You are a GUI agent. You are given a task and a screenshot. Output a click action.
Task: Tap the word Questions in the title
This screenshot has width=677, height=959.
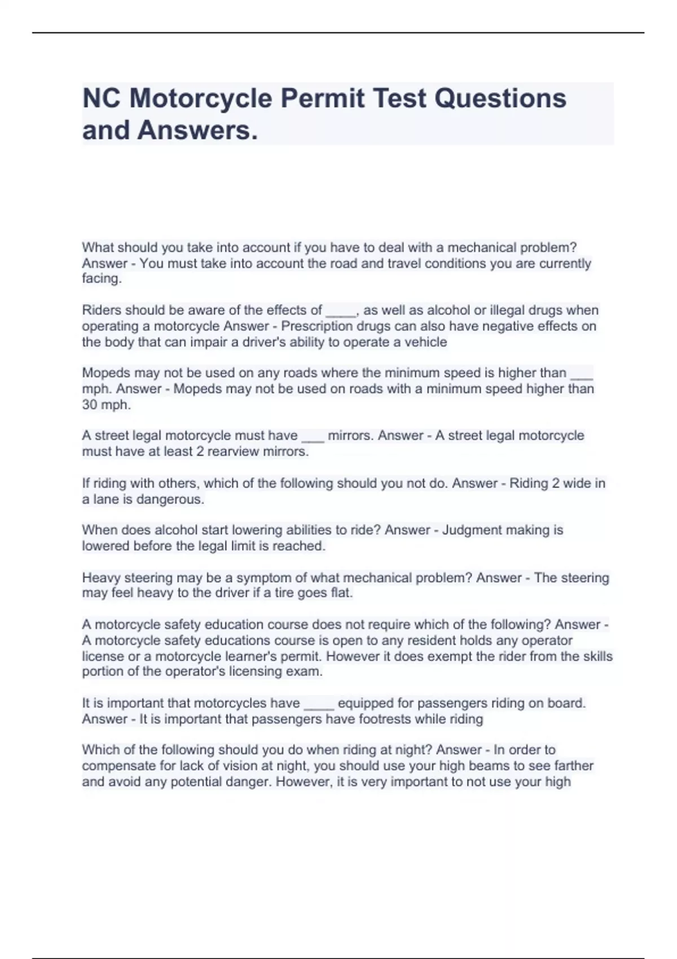point(500,98)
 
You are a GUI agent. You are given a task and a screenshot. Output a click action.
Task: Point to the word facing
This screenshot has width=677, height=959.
point(102,279)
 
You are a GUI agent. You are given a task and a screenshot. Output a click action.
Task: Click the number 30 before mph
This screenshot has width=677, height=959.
point(90,404)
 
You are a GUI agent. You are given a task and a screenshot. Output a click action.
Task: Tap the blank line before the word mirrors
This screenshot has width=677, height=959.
point(313,437)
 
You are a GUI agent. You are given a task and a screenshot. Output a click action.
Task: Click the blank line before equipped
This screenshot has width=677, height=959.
point(319,704)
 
